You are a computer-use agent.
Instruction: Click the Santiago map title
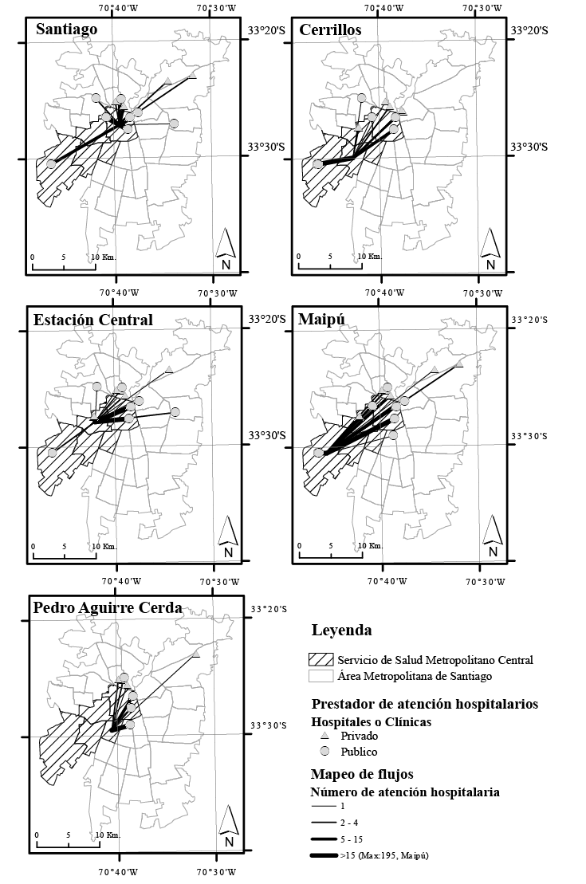pos(66,29)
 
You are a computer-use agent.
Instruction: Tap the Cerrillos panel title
pos(331,29)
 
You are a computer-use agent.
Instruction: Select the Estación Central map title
pos(93,320)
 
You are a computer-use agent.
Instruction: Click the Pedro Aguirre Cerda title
pos(108,608)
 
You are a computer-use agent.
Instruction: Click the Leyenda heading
pos(342,630)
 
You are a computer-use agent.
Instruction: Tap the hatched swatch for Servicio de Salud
pos(321,660)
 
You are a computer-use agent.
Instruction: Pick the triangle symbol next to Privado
pos(324,736)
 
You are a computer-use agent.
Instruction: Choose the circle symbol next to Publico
pos(324,752)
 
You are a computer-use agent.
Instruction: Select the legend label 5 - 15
pos(352,839)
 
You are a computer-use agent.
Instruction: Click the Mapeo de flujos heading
pos(362,774)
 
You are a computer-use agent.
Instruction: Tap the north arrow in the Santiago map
pos(226,249)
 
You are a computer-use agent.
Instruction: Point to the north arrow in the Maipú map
pos(493,536)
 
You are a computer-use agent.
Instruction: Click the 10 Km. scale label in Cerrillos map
pos(370,257)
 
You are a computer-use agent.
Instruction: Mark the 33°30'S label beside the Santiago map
pos(267,147)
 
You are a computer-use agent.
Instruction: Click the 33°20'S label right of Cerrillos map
pos(529,30)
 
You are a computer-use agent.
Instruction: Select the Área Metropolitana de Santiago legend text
pos(415,676)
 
